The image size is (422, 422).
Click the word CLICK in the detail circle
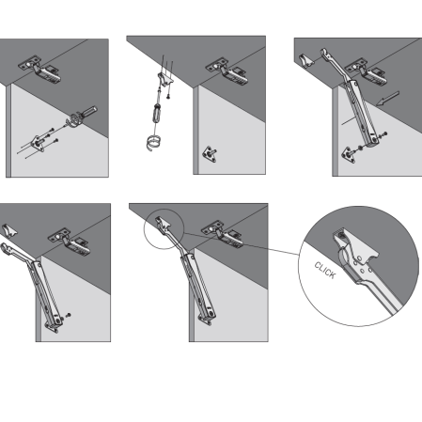[325, 271]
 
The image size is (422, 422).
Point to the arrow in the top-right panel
[388, 99]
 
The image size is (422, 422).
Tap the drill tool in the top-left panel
[82, 117]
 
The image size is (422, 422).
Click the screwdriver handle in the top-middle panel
[157, 113]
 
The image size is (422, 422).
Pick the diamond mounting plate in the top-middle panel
[210, 154]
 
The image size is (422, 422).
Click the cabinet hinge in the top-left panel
[39, 70]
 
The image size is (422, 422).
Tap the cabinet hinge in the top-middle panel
[227, 71]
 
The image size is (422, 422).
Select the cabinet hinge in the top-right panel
[366, 71]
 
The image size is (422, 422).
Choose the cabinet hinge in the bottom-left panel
[69, 242]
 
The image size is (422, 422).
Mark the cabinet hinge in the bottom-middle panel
[223, 234]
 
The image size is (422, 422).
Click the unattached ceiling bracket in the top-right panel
[305, 61]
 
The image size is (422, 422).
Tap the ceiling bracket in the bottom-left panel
[9, 231]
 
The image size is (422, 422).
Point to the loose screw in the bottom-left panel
[68, 315]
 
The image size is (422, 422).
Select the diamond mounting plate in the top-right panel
[349, 155]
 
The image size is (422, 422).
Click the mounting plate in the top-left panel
[39, 143]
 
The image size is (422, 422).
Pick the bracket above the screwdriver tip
[165, 79]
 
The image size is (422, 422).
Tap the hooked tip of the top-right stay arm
[325, 54]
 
